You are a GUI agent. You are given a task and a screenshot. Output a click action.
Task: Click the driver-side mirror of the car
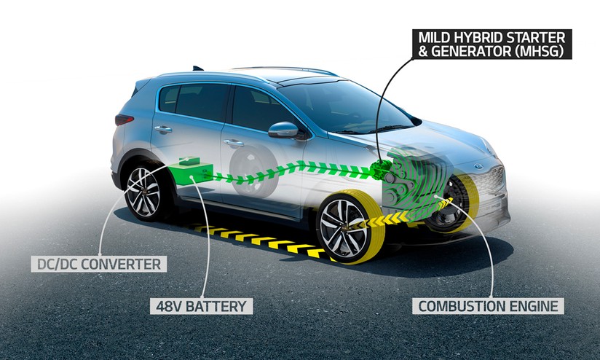click(x=284, y=130)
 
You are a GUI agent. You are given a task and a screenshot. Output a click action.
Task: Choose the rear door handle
click(x=162, y=130)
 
